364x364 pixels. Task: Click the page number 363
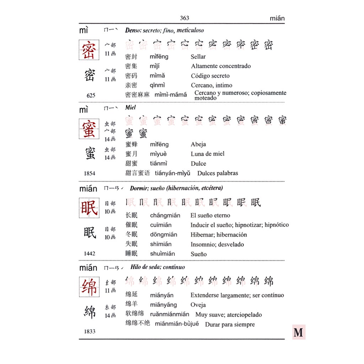(x=184, y=18)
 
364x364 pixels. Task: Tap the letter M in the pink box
(x=299, y=332)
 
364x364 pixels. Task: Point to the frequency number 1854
(x=90, y=173)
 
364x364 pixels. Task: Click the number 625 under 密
(x=91, y=95)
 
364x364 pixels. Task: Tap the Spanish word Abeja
(x=198, y=144)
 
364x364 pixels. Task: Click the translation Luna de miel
(x=207, y=154)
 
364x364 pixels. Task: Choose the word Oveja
(x=198, y=305)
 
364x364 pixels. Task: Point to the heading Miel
(x=130, y=107)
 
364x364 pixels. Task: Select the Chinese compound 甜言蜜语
(x=138, y=173)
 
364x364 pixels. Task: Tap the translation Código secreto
(x=210, y=76)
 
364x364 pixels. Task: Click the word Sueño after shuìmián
(x=198, y=254)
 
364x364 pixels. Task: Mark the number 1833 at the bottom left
(x=90, y=331)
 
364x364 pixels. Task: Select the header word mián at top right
(x=277, y=18)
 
